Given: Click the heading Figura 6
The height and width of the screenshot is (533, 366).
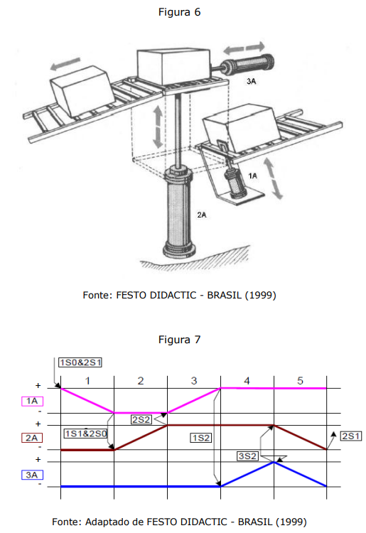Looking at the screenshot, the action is click(179, 12).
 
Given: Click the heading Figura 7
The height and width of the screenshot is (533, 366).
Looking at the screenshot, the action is click(179, 340).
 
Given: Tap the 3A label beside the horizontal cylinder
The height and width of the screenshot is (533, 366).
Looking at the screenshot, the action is click(251, 81).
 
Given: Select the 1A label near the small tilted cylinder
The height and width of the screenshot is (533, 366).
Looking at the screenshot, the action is click(252, 176).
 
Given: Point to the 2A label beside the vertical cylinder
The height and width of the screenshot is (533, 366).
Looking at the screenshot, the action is click(202, 215).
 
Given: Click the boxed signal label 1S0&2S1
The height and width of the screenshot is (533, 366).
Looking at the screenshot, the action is click(80, 362).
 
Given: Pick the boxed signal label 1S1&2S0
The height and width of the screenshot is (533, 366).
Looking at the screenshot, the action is click(86, 434).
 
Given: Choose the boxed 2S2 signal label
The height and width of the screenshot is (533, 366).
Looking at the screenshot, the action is click(141, 419).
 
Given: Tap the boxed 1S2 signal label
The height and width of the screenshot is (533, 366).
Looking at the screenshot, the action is click(201, 438).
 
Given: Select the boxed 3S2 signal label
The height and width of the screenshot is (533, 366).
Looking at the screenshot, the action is click(247, 456).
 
